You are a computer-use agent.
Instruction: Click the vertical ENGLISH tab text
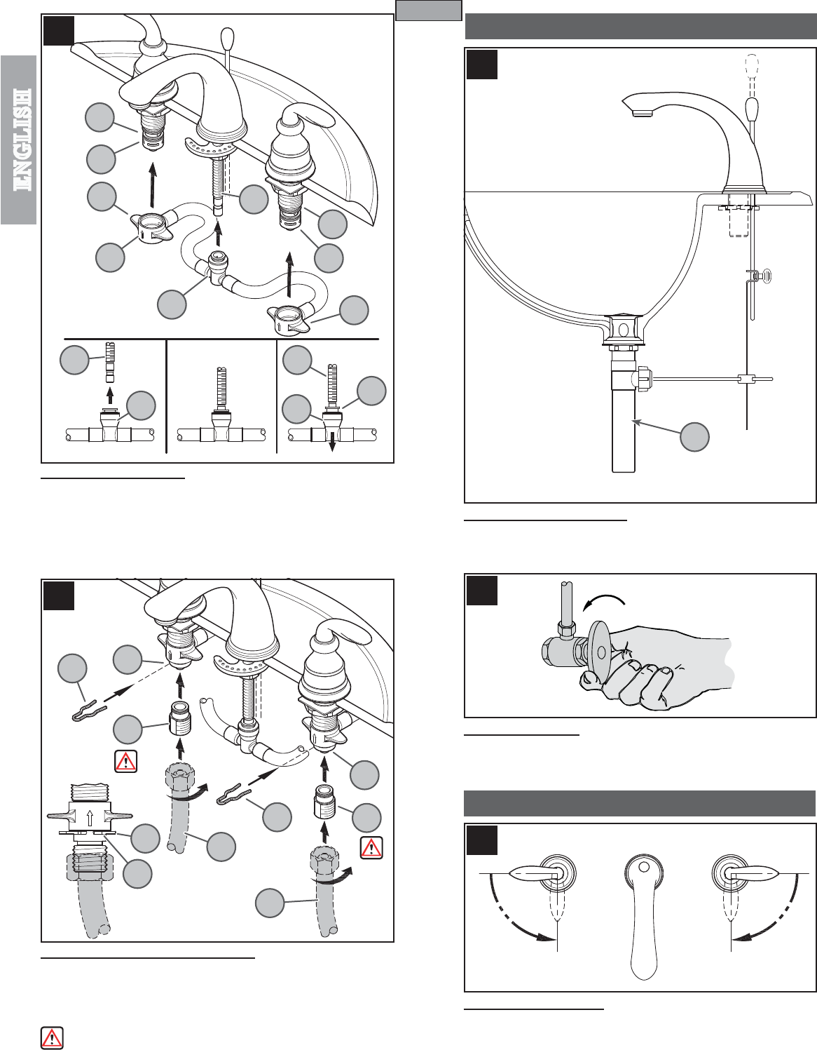pyautogui.click(x=23, y=140)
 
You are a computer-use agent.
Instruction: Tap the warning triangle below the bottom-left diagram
pyautogui.click(x=52, y=1037)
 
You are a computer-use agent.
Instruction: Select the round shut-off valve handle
pyautogui.click(x=600, y=653)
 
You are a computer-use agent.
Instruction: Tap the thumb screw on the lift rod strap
pyautogui.click(x=764, y=276)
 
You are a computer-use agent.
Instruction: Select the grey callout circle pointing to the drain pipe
pyautogui.click(x=694, y=437)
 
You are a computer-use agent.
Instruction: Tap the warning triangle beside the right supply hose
pyautogui.click(x=371, y=847)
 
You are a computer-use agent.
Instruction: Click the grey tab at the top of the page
pyautogui.click(x=429, y=10)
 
